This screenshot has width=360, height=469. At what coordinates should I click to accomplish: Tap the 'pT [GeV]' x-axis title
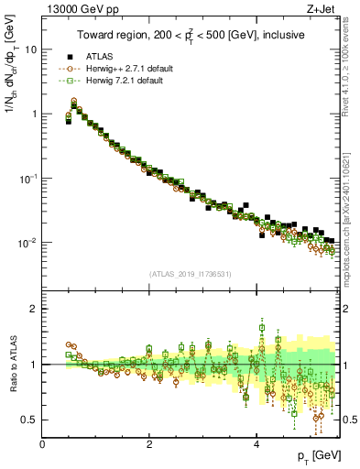point(319,455)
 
